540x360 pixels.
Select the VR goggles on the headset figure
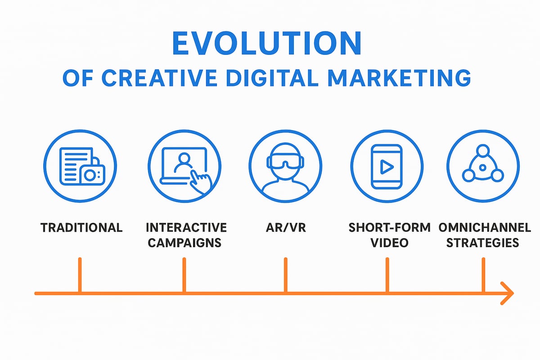(x=285, y=162)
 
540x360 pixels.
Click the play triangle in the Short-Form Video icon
(x=386, y=167)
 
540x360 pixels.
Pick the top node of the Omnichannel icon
(x=483, y=151)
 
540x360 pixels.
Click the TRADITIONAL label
(x=81, y=227)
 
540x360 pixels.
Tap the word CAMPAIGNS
(x=184, y=243)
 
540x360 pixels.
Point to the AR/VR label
(x=285, y=227)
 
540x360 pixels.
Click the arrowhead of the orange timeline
(x=508, y=293)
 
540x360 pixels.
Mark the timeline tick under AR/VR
(x=285, y=275)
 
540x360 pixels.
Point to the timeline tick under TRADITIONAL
(x=80, y=275)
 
